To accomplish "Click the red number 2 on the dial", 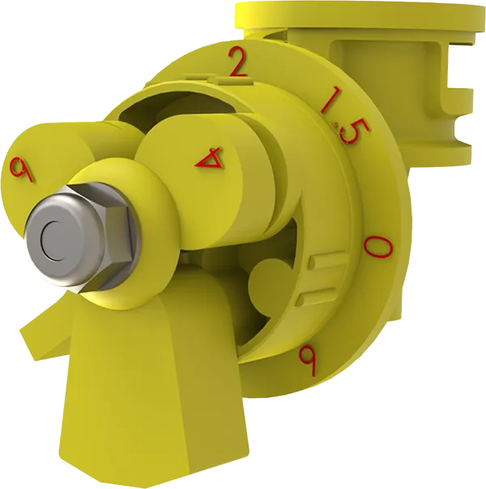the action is point(237,62).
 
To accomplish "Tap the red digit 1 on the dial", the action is point(331,101).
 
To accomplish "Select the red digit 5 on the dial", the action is point(353,131).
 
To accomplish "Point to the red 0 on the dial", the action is point(378,246).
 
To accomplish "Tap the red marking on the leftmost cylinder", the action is point(21,169).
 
